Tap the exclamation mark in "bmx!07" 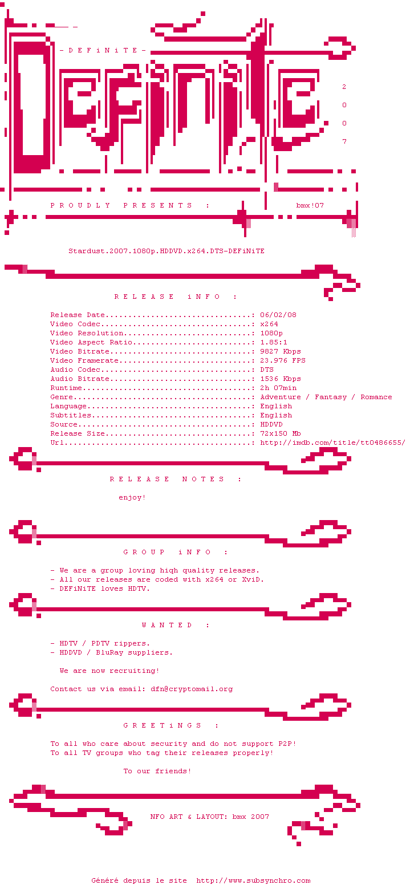312,205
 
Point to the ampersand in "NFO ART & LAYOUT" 189,817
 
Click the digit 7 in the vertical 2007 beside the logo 344,141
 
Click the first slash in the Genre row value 308,397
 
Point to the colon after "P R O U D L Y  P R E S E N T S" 208,205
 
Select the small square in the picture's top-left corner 2,5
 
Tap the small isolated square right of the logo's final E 326,123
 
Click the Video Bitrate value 281,352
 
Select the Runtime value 278,388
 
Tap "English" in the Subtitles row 276,415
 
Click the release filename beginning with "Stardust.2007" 167,251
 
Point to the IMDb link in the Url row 332,443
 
